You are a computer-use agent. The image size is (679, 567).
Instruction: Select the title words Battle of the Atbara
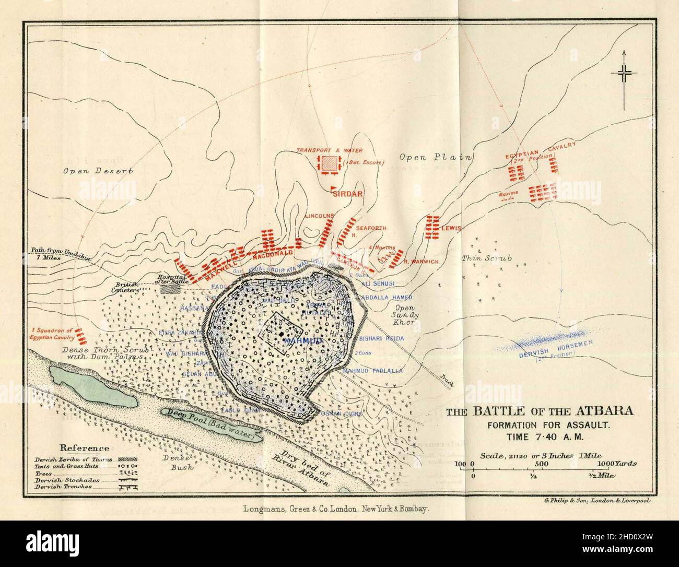tap(540, 411)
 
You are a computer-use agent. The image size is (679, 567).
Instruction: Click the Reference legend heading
tap(85, 447)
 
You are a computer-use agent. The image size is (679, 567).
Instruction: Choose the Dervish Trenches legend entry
tap(63, 486)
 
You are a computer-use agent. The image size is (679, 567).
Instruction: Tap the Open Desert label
tap(98, 171)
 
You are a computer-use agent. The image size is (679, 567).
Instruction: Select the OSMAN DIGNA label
tap(343, 414)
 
